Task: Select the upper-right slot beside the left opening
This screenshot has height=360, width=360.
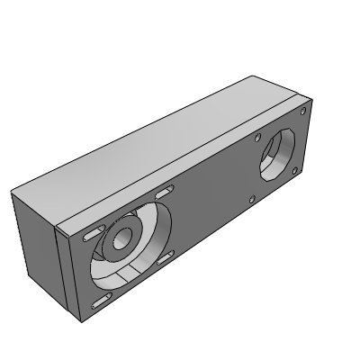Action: (164, 193)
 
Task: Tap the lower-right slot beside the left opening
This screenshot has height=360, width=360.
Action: (165, 259)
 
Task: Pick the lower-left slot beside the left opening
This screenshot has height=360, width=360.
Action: (94, 301)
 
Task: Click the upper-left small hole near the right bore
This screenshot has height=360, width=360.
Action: (258, 139)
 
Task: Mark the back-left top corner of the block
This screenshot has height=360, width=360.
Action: (12, 192)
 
